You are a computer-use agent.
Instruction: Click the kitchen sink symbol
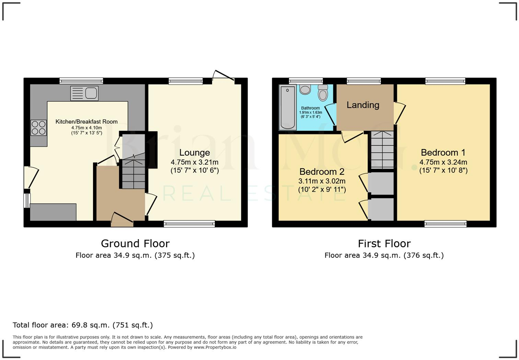(x=84, y=93)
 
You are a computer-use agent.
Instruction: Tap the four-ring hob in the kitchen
(x=38, y=127)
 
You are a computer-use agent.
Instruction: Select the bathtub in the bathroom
(x=287, y=107)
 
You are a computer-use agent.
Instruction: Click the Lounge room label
(x=195, y=153)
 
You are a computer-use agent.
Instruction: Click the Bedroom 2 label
(x=322, y=171)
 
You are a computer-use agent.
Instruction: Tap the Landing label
(x=363, y=105)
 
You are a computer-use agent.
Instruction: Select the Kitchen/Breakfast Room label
(x=86, y=122)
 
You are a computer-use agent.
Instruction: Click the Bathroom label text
(x=310, y=108)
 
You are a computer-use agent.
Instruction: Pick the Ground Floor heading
(x=135, y=244)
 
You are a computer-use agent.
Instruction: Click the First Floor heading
(x=384, y=244)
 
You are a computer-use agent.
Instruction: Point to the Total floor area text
(x=83, y=325)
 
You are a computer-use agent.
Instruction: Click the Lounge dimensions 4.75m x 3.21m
(x=195, y=162)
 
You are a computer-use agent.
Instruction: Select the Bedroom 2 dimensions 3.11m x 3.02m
(x=322, y=181)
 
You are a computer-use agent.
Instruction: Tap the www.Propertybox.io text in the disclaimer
(x=215, y=347)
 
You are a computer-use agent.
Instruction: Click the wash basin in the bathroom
(x=305, y=90)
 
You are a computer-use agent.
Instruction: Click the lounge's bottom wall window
(x=189, y=224)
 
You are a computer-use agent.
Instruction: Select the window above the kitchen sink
(x=81, y=81)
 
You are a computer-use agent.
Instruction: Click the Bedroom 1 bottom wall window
(x=446, y=224)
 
